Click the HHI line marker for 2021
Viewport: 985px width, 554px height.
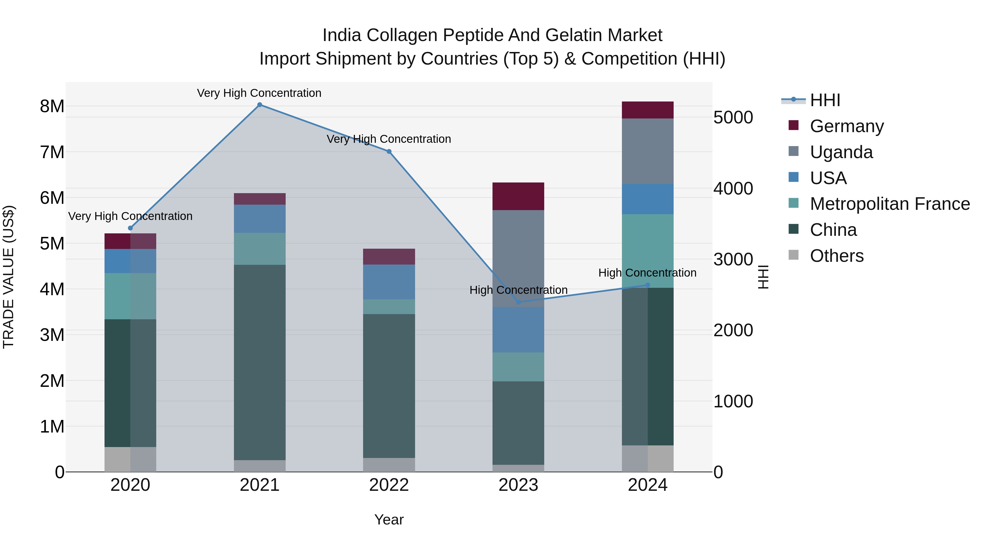point(260,105)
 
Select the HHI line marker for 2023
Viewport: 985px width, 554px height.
point(518,302)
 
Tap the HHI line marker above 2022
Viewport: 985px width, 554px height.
point(389,151)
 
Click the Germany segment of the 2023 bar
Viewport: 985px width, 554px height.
point(518,196)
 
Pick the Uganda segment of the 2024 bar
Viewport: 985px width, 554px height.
point(647,151)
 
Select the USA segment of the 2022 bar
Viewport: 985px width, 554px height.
point(389,282)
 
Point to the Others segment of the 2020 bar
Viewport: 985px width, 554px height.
point(130,459)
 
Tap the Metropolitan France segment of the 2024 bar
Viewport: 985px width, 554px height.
point(647,251)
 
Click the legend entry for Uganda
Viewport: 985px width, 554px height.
point(841,152)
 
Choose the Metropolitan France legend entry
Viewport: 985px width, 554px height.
point(890,204)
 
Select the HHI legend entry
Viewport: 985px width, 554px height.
point(825,100)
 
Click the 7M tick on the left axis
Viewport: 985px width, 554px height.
point(52,152)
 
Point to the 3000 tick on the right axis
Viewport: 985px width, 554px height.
point(733,260)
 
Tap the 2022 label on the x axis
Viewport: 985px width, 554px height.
point(389,485)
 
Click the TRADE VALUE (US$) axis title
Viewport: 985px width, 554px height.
point(8,277)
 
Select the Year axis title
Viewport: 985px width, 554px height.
point(389,520)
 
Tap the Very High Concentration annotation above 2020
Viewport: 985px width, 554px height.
point(130,216)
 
